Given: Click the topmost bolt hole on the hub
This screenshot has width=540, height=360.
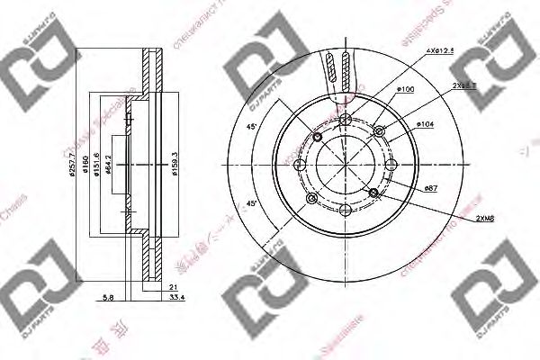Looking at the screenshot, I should click(x=346, y=116).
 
